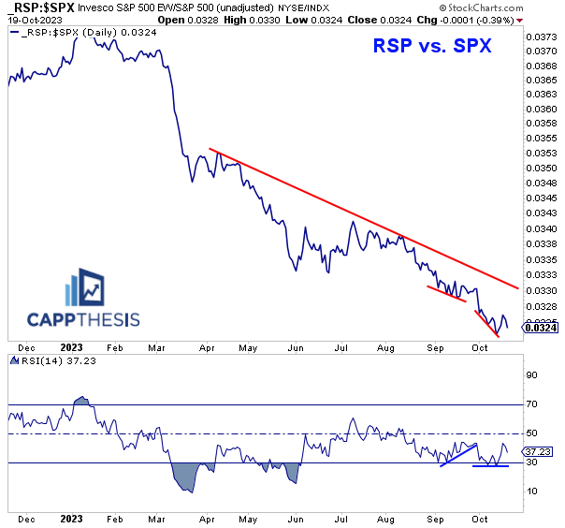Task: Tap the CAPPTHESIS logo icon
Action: point(88,289)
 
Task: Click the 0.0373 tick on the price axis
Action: point(541,37)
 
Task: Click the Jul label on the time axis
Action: point(344,517)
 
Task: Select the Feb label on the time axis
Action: point(114,517)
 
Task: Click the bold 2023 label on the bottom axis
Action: point(70,517)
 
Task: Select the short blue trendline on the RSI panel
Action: point(459,454)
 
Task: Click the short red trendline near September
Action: point(446,293)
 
